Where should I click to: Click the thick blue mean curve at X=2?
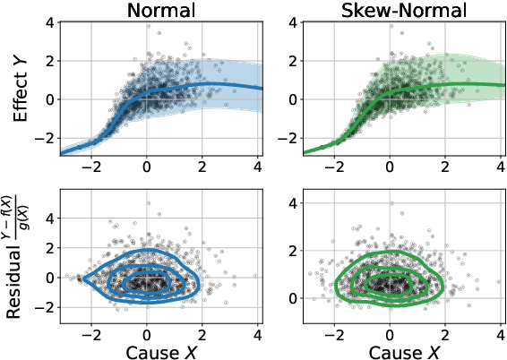[x=202, y=85]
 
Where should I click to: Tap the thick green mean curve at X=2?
[x=444, y=85]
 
